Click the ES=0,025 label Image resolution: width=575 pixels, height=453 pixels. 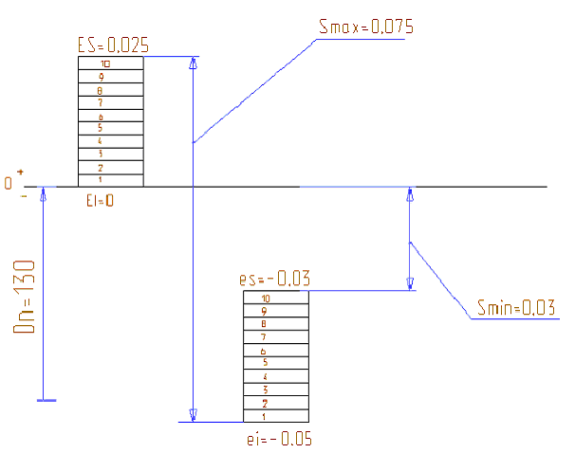point(113,45)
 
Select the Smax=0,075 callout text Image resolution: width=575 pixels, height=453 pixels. point(366,27)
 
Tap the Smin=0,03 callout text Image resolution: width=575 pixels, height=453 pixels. point(512,307)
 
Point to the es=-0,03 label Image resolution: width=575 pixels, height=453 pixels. point(276,280)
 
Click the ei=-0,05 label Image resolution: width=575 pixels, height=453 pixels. point(278,439)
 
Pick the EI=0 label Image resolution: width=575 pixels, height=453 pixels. point(101,200)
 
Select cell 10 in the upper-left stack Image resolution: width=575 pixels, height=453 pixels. point(110,63)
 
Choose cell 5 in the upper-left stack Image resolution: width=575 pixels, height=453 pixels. point(110,128)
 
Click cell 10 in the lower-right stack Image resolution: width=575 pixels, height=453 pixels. point(276,298)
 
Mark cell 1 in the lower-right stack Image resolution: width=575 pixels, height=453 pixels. point(276,416)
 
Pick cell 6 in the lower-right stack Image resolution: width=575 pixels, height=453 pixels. point(276,350)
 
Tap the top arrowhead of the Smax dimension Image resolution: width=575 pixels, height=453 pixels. point(193,63)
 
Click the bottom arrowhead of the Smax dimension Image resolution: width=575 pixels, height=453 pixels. point(193,414)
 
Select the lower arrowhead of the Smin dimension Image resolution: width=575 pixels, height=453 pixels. point(410,282)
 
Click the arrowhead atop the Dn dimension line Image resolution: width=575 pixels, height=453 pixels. point(42,194)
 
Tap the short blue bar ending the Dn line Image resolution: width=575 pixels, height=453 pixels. point(45,400)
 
